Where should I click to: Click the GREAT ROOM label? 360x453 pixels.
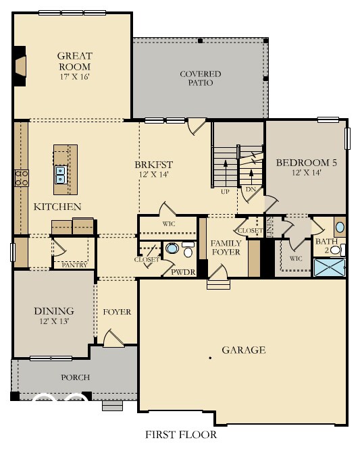[x=74, y=61]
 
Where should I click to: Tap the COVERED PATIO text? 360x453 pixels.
[x=200, y=78]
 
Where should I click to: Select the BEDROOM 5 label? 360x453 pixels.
[x=306, y=163]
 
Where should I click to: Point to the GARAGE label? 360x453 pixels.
[x=244, y=350]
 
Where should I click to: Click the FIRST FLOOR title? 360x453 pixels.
[x=180, y=435]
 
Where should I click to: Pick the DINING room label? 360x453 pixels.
[x=54, y=311]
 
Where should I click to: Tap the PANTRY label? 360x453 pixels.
[x=74, y=265]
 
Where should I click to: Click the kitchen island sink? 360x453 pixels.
[x=61, y=175]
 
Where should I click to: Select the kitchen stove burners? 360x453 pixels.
[x=21, y=178]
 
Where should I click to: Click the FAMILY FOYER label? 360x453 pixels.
[x=226, y=248]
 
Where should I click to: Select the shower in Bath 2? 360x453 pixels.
[x=329, y=267]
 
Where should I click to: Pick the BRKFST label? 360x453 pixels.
[x=154, y=164]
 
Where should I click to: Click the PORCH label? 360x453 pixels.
[x=75, y=377]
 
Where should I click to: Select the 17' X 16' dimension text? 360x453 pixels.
[x=74, y=76]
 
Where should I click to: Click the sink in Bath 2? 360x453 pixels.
[x=340, y=227]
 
